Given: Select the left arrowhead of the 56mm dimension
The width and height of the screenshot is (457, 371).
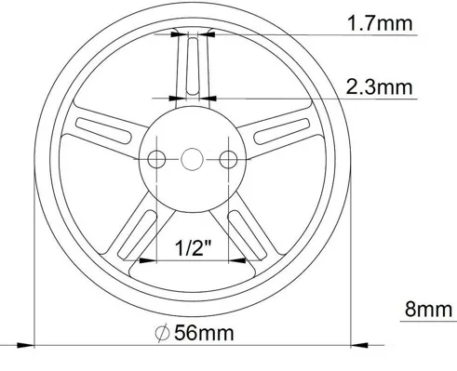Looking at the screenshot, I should click(37, 340).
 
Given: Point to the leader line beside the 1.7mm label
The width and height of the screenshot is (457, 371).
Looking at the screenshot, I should click(279, 33).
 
